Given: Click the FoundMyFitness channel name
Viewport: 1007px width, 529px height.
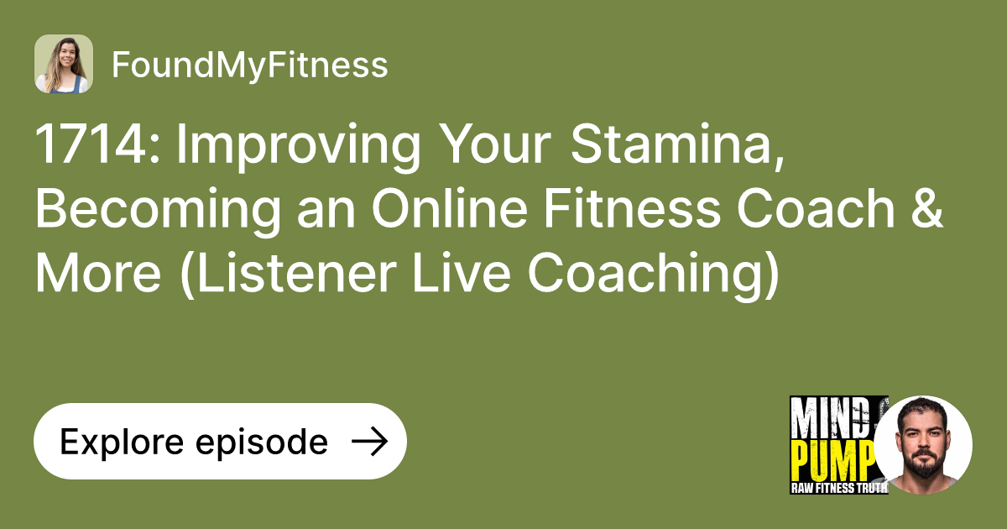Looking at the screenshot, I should pyautogui.click(x=249, y=65).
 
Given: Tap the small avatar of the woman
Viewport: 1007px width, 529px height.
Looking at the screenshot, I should pyautogui.click(x=64, y=64).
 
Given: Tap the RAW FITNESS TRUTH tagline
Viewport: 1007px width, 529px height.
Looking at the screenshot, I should pyautogui.click(x=838, y=488).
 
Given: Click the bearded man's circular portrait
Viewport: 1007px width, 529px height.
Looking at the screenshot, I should pyautogui.click(x=923, y=444).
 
